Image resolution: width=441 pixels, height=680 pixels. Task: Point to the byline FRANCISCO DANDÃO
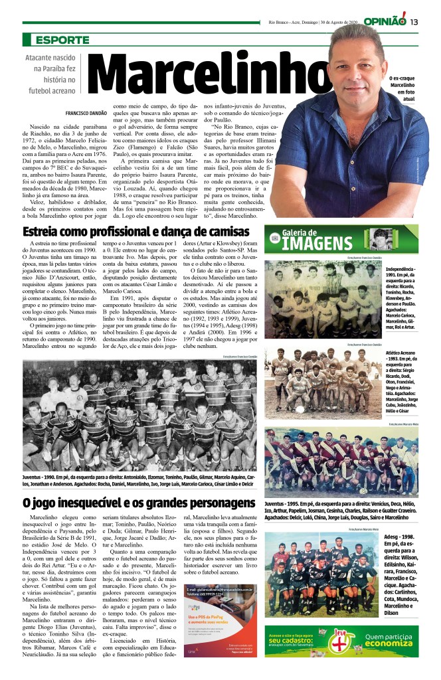coord(87,114)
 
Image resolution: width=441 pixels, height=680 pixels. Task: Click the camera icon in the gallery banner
coord(274,237)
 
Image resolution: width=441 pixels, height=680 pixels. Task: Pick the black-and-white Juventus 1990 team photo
coord(139,416)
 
